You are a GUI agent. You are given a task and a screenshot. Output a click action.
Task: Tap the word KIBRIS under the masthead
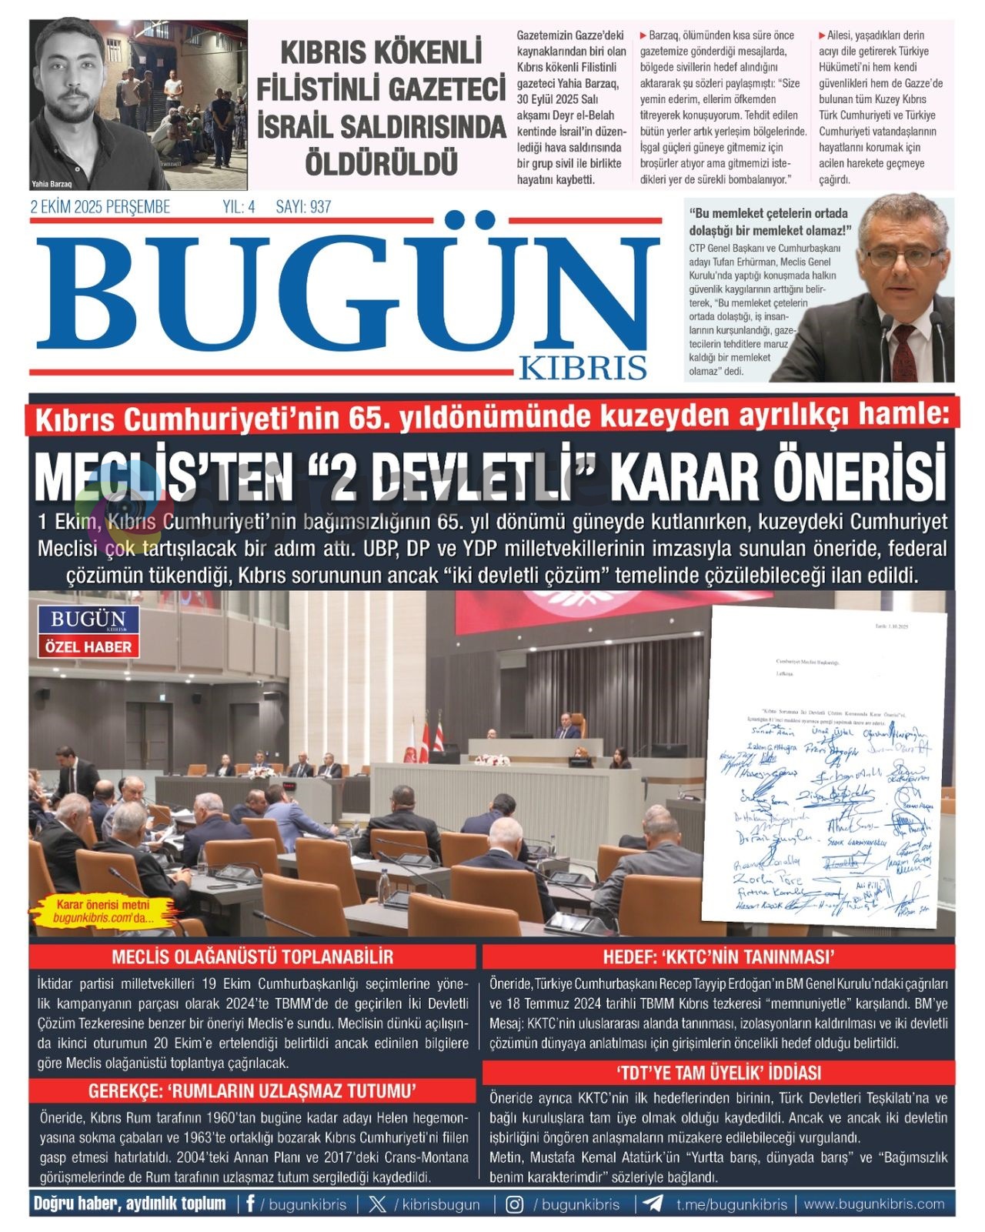coord(583,368)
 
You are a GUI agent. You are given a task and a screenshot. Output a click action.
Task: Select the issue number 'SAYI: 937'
coord(303,207)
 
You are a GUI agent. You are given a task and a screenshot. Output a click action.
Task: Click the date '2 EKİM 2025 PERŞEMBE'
coord(100,207)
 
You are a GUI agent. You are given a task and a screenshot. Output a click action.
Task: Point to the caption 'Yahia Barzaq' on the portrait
coord(52,184)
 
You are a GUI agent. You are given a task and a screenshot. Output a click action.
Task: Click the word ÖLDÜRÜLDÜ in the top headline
coord(382,163)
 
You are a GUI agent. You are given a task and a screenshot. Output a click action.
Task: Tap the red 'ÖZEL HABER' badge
coord(88,646)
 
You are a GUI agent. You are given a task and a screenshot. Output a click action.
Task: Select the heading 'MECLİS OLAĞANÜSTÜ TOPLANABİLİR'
coord(252,957)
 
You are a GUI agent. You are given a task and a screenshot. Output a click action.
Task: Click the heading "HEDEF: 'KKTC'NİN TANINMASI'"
coord(719,957)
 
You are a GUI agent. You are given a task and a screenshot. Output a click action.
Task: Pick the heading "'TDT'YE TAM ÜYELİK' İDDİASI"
coord(719,1073)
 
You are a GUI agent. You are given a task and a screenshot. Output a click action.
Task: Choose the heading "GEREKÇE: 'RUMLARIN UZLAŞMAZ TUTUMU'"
coord(252,1090)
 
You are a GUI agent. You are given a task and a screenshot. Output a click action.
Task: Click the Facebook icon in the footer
coord(250,1204)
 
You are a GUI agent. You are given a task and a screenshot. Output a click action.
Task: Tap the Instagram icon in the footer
coord(515,1204)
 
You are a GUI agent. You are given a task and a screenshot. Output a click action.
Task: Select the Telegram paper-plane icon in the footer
coord(653,1204)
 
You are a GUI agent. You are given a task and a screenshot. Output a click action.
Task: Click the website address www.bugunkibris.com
coord(874,1204)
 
